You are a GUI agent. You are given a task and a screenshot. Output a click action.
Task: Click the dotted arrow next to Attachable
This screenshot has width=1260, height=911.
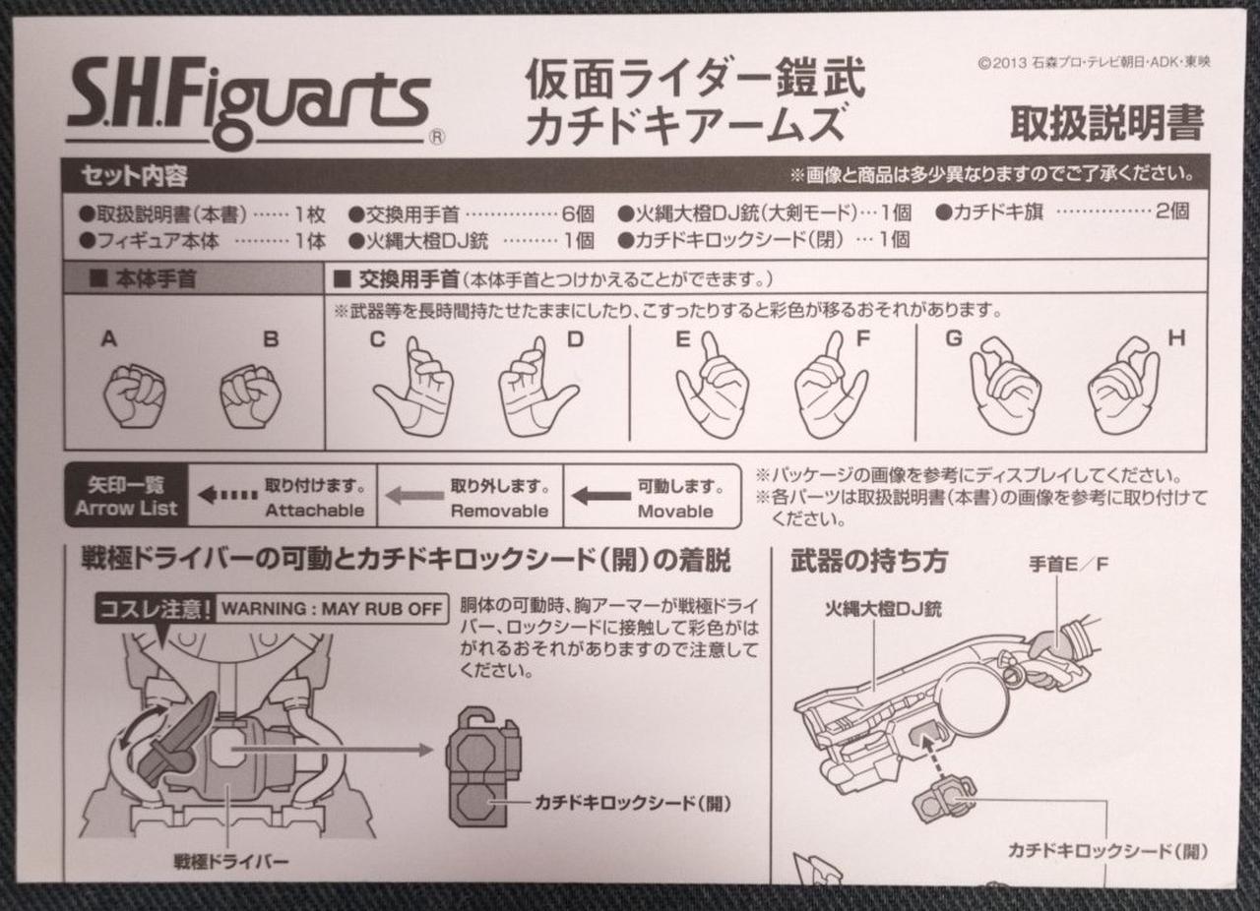(x=227, y=495)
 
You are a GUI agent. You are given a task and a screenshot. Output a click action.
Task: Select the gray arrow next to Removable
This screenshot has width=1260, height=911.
(x=414, y=496)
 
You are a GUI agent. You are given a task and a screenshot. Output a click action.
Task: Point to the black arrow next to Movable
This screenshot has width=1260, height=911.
(x=601, y=496)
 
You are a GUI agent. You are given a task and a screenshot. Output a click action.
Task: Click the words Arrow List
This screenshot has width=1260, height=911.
(x=126, y=509)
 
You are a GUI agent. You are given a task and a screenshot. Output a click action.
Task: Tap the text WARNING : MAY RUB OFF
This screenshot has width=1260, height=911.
(x=332, y=608)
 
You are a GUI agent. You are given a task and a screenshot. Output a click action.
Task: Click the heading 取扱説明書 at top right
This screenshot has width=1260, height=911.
(x=1107, y=123)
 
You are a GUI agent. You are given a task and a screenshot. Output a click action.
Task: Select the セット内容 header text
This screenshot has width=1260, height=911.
(x=135, y=176)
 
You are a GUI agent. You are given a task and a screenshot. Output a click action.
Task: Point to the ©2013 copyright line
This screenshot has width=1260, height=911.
(x=1094, y=63)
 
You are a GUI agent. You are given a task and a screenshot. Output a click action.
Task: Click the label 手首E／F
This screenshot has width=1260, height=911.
(x=1068, y=564)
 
